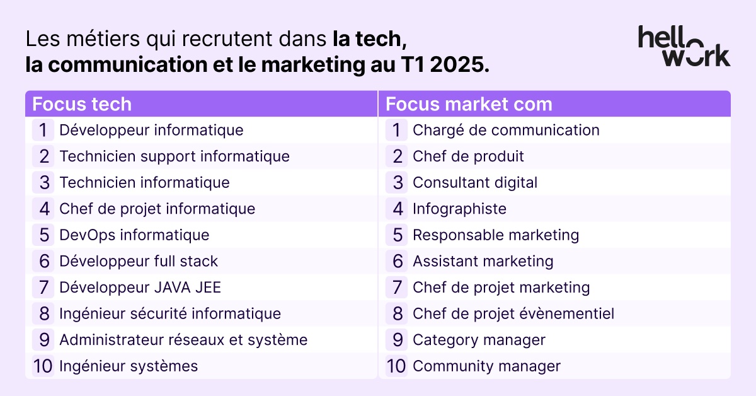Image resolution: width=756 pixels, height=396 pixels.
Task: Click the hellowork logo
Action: click(x=684, y=45)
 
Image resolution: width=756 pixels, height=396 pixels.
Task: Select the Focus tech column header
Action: click(x=82, y=103)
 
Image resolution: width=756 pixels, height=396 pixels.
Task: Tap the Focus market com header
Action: click(x=469, y=103)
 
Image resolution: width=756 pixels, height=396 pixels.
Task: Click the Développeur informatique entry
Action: click(x=151, y=131)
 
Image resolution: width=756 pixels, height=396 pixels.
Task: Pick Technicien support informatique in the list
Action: click(x=175, y=156)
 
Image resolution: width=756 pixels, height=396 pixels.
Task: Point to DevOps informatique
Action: click(x=134, y=235)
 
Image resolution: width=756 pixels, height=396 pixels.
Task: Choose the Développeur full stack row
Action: click(x=139, y=261)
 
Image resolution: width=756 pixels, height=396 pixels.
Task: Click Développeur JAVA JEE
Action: click(x=140, y=288)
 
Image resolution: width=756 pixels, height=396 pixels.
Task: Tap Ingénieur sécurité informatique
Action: click(x=170, y=313)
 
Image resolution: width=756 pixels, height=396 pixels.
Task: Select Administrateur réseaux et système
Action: click(x=183, y=340)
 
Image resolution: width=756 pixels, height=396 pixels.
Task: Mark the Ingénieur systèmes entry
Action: click(x=129, y=366)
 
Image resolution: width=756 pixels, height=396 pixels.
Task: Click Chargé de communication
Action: click(x=506, y=131)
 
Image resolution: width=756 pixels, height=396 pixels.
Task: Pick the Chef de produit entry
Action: click(x=468, y=156)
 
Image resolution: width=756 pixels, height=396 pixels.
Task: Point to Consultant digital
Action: click(x=475, y=183)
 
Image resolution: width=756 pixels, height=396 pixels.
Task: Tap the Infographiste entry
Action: click(x=459, y=209)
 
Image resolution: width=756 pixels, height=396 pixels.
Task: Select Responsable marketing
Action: click(x=496, y=235)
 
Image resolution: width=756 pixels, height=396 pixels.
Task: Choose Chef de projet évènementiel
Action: click(x=513, y=313)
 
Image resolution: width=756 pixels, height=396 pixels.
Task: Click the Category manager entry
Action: click(x=479, y=340)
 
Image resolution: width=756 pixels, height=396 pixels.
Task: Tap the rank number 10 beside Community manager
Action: click(x=396, y=366)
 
